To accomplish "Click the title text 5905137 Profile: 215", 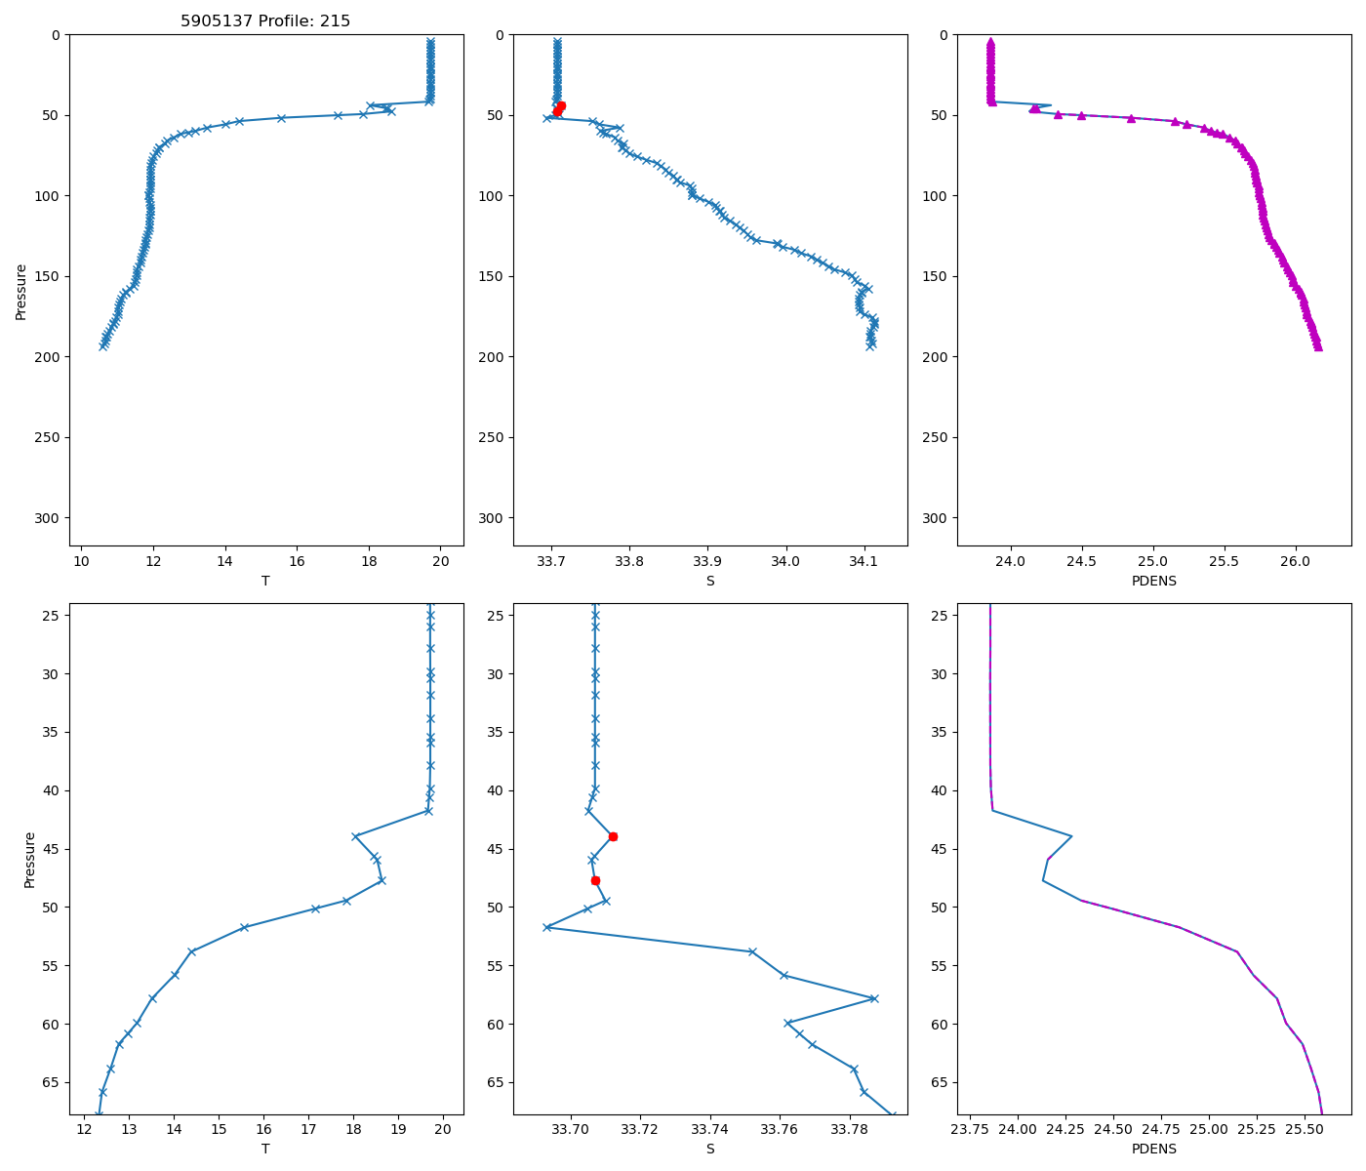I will click(x=265, y=21).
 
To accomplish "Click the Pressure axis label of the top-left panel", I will click(x=21, y=291).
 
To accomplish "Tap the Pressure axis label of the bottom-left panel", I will click(x=29, y=860).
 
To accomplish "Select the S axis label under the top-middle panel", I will click(x=710, y=582).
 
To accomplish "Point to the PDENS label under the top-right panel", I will click(x=1154, y=582).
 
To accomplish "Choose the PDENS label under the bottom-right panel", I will click(x=1154, y=1150).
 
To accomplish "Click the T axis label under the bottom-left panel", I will click(x=265, y=1150).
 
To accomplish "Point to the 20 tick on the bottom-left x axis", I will click(x=443, y=1130).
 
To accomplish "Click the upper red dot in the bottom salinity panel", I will click(x=613, y=836).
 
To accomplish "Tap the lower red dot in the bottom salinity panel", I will click(x=595, y=880).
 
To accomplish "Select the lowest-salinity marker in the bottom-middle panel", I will click(x=546, y=927).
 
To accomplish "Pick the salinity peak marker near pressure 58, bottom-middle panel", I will click(x=874, y=998).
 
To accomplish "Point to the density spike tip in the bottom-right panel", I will click(x=1072, y=836).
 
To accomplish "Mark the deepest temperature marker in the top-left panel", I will click(x=102, y=346).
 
